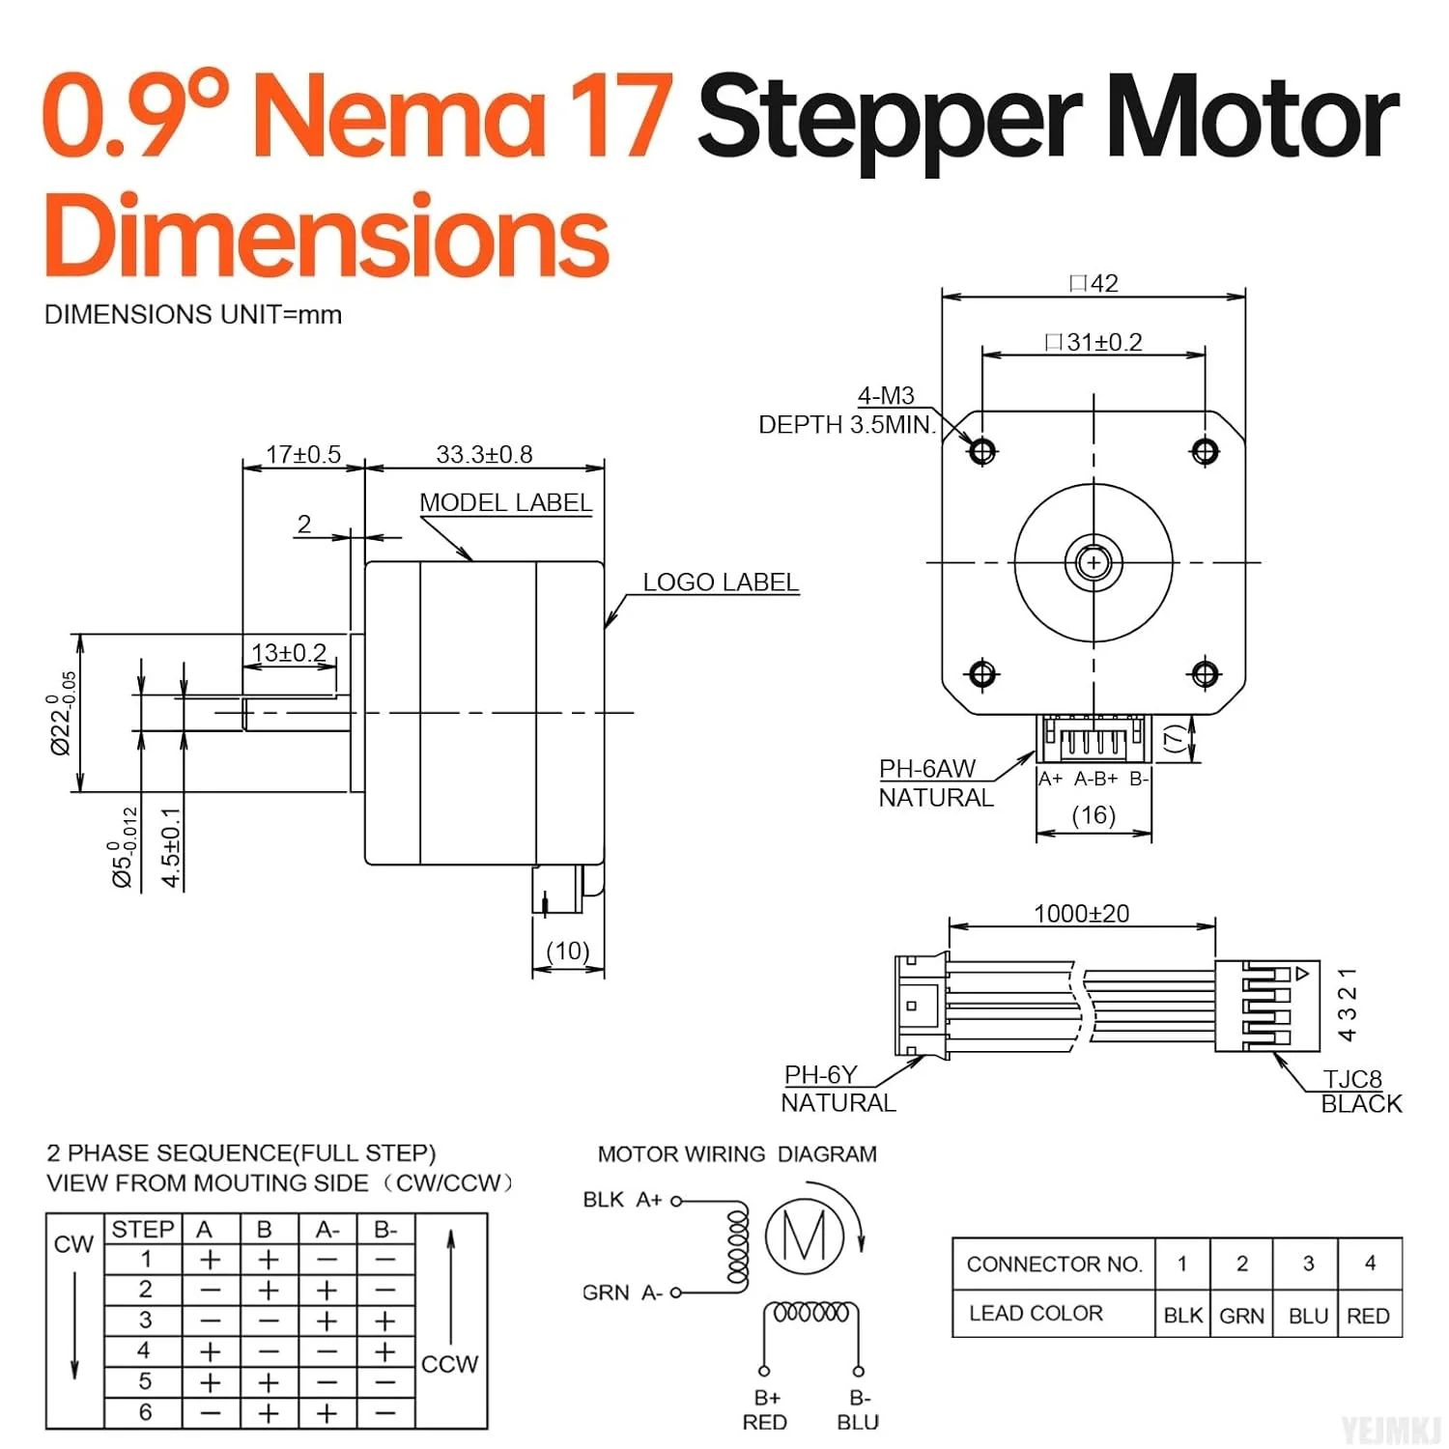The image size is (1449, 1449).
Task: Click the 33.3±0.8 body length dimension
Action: coord(484,454)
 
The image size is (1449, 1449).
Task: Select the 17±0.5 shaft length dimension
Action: coord(303,454)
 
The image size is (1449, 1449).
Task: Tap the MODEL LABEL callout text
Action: coord(505,502)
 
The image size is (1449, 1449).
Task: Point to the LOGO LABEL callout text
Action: coord(721,582)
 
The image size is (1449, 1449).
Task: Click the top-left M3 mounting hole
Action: coord(982,451)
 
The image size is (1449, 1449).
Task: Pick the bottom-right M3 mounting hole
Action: coord(1205,673)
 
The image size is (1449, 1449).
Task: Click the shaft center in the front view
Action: coord(1094,562)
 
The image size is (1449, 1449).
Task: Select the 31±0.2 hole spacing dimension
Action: coord(1094,343)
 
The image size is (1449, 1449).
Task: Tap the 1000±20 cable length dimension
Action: coord(1081,914)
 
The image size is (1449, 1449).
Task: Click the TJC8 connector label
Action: coord(1352,1079)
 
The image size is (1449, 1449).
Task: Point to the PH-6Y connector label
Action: coord(820,1075)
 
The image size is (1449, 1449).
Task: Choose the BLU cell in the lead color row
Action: coord(1308,1316)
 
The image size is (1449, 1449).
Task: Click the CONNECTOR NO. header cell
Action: coord(1054,1264)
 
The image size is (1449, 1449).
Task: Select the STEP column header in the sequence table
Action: coord(143,1230)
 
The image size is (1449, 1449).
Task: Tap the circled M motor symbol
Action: coord(805,1235)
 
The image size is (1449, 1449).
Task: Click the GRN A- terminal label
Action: coord(622,1293)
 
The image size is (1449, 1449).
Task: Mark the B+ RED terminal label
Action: coord(765,1410)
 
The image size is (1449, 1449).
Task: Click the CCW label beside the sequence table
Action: coord(449,1364)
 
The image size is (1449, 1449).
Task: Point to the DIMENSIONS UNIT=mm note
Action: coord(193,315)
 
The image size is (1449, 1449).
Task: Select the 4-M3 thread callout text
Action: coord(886,396)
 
